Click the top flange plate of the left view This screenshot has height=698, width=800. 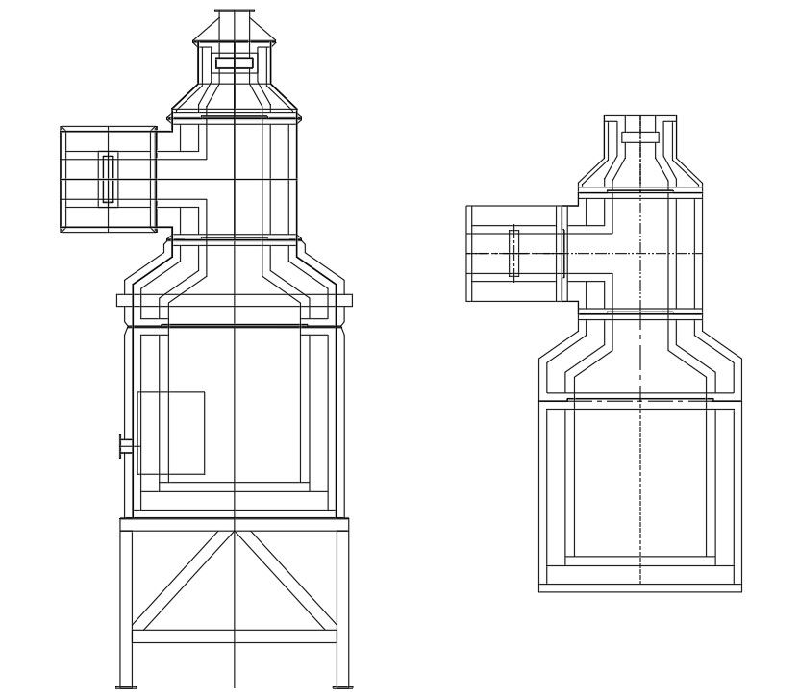235,12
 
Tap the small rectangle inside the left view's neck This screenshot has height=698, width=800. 235,62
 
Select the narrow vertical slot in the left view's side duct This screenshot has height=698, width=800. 109,179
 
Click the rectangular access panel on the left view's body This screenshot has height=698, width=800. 171,433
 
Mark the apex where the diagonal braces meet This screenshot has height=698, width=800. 235,532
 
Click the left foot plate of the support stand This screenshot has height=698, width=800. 126,686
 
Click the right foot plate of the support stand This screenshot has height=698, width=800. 342,686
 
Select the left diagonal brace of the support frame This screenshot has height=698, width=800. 183,582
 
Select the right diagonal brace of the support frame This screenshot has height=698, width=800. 287,582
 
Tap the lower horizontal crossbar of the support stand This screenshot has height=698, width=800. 235,636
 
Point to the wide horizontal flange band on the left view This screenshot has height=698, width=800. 235,300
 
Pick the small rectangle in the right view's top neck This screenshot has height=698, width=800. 640,137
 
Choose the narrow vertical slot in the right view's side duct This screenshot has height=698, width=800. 514,253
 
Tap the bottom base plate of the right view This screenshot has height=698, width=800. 640,587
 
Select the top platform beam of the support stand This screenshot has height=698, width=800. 235,524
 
